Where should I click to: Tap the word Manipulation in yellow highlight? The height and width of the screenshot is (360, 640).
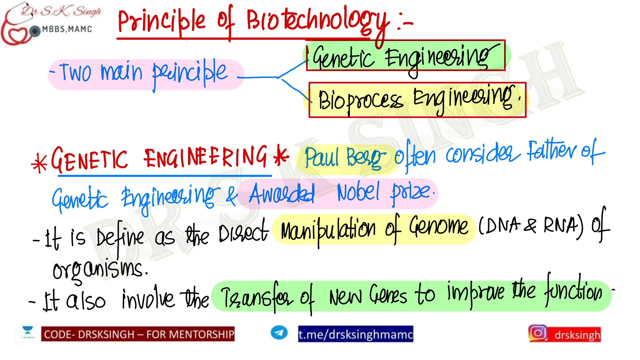(328, 230)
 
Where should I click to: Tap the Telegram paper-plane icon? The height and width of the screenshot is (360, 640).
(279, 332)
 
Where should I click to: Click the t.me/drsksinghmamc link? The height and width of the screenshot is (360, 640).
(355, 334)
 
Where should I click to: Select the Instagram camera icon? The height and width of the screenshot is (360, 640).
(537, 333)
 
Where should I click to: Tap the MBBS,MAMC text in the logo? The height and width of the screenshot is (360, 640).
(67, 29)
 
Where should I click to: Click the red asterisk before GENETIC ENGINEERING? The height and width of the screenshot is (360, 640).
(39, 164)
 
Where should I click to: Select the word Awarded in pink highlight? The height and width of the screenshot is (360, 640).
(281, 194)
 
